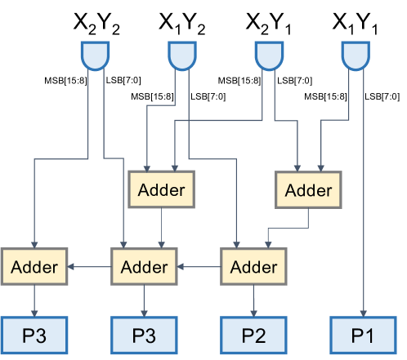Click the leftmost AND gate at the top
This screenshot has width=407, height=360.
coord(96,56)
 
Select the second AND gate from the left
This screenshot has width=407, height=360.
coord(183,56)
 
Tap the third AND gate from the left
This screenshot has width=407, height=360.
coord(270,56)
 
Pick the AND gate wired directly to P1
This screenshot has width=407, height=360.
coord(356,56)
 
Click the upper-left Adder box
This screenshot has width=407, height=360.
coord(162,190)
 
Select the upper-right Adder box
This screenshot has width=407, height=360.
coord(308,190)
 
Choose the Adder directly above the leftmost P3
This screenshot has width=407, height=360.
coord(34,266)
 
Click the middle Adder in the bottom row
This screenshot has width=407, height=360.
coord(144,266)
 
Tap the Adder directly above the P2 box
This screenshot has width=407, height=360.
coord(253,266)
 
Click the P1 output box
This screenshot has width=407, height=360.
coord(363,336)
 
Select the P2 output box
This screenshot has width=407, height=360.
coord(253,336)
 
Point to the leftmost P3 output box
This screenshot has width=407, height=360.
coord(34,336)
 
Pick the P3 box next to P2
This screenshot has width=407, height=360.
coord(144,336)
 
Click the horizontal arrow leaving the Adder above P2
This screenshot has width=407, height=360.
coord(199,266)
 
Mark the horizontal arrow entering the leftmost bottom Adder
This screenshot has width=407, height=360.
coord(89,266)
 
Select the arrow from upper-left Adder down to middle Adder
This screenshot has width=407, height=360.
coord(162,229)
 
